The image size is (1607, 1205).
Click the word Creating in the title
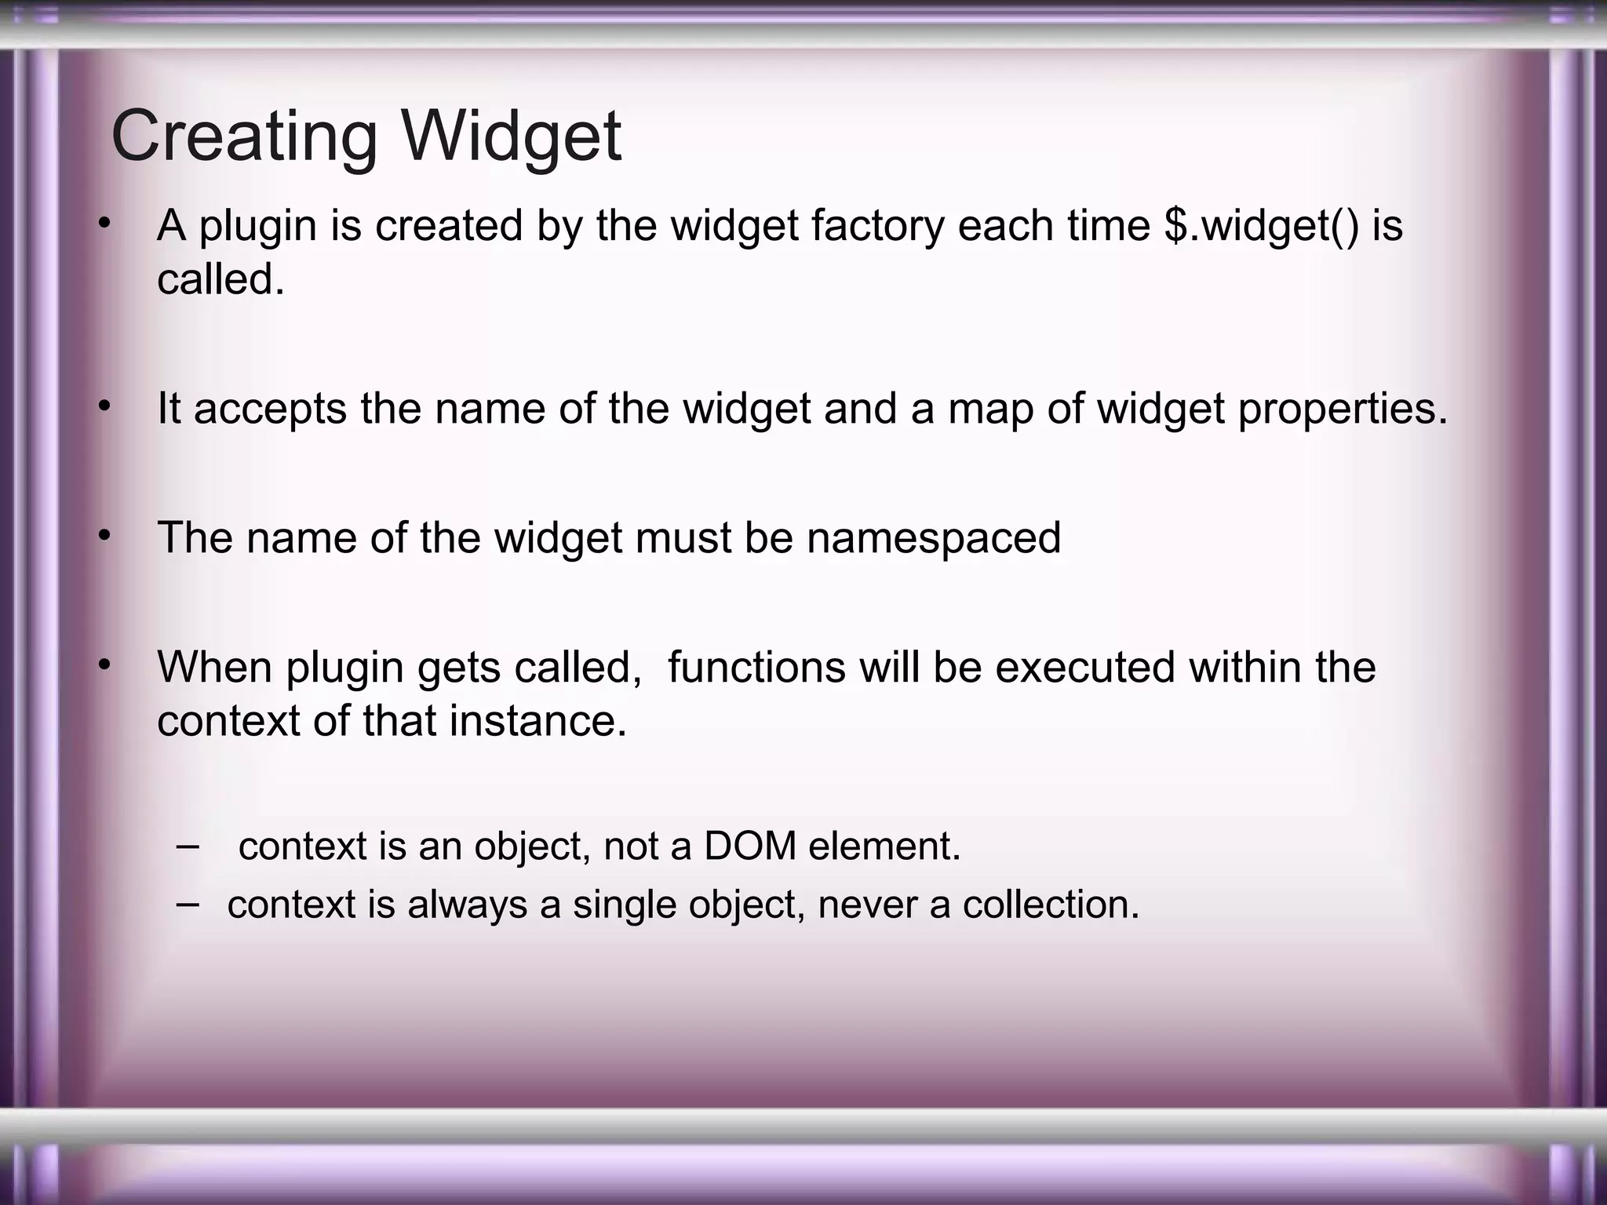point(244,136)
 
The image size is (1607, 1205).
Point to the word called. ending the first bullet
point(220,279)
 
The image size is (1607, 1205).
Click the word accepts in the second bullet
point(270,409)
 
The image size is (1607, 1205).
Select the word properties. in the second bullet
point(1343,409)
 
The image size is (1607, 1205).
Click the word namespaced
point(933,538)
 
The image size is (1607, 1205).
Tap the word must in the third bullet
point(683,538)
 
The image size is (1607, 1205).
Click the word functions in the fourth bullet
point(756,668)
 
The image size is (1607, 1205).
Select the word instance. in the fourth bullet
point(537,721)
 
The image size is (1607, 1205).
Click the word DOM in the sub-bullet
point(750,846)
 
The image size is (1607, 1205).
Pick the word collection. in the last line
point(1051,905)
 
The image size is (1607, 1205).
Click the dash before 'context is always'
point(188,904)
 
